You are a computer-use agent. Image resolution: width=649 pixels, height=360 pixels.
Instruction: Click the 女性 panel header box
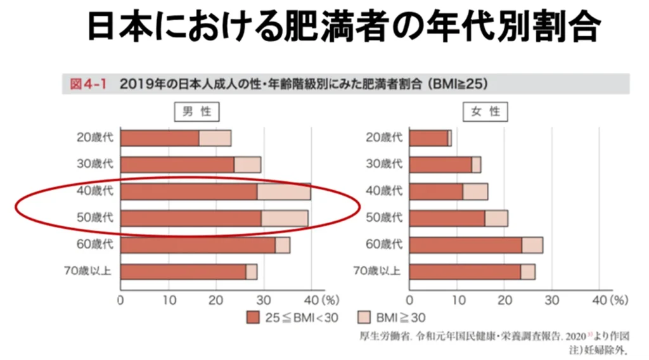485,112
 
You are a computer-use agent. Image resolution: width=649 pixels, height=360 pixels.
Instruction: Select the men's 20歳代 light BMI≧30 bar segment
215,138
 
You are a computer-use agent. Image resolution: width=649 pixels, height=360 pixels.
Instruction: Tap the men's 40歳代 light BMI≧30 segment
283,191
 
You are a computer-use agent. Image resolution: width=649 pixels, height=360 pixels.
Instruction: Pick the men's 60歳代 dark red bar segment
197,245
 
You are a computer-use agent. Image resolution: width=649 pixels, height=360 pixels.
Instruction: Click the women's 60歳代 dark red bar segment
465,245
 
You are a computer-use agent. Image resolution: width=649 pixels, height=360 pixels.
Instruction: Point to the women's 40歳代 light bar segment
475,191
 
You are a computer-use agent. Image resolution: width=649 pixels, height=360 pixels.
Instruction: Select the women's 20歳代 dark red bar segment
428,138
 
